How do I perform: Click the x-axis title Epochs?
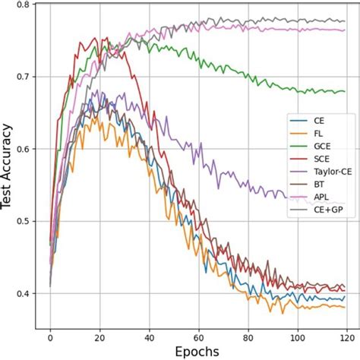197,352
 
